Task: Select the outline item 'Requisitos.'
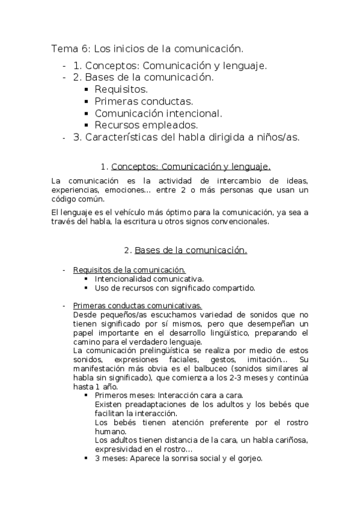pyautogui.click(x=121, y=90)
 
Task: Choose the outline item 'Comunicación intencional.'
pyautogui.click(x=159, y=114)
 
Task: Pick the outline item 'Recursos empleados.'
pyautogui.click(x=146, y=126)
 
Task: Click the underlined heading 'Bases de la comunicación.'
pyautogui.click(x=191, y=250)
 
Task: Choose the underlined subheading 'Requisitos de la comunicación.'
pyautogui.click(x=129, y=270)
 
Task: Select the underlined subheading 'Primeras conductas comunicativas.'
pyautogui.click(x=137, y=306)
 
